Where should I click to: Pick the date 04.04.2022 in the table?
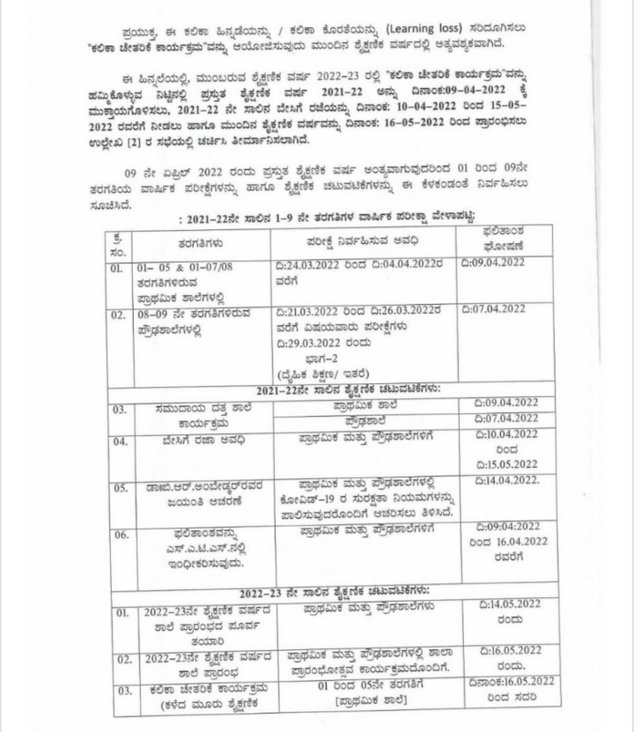(x=402, y=264)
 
